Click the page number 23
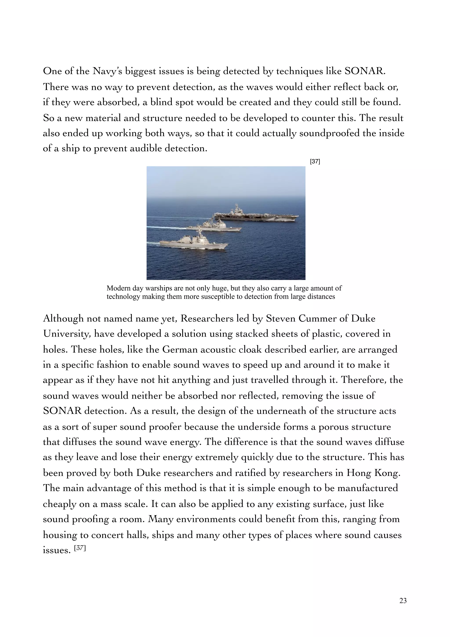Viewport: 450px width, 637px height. [403, 601]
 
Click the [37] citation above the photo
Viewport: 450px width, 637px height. [315, 161]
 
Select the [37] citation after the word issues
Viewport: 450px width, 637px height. [80, 548]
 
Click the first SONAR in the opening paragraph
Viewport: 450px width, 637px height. [365, 71]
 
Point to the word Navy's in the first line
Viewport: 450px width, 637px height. [107, 71]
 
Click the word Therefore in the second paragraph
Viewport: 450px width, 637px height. [363, 380]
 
